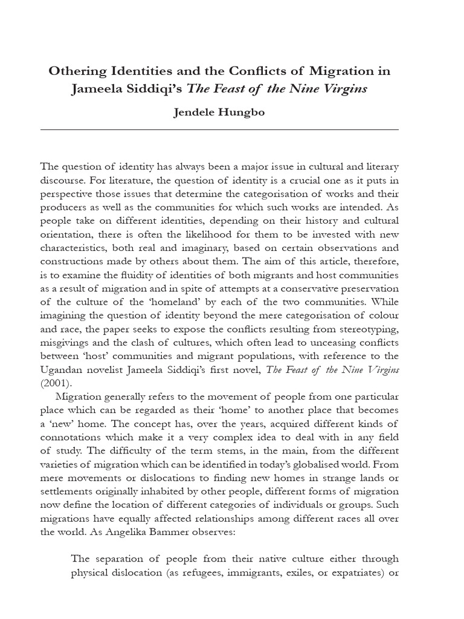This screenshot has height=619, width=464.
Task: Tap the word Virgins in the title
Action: click(x=345, y=89)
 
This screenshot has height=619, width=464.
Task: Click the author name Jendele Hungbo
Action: click(x=219, y=113)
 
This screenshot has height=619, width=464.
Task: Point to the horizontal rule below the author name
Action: click(x=219, y=130)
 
